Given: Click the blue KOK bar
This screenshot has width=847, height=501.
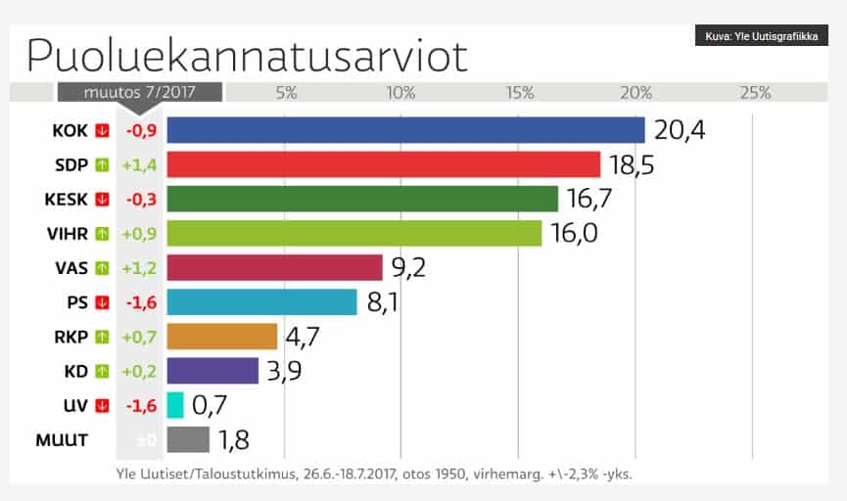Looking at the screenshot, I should (x=405, y=130).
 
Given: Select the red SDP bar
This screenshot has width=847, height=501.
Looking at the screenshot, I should (x=383, y=164).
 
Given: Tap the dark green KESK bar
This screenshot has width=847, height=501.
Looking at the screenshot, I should (x=362, y=199).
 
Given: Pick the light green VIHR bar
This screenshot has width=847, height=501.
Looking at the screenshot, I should (x=353, y=233).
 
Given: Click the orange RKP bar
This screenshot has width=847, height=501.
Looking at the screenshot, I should (x=222, y=337).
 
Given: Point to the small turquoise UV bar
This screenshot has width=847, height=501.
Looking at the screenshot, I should (x=175, y=405).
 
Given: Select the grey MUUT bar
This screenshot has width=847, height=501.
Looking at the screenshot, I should (x=188, y=439).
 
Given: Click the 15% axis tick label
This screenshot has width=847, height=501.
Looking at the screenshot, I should (x=519, y=93).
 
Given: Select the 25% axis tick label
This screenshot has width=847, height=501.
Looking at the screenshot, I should (x=755, y=93).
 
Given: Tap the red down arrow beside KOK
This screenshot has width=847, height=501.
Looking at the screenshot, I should (x=102, y=130).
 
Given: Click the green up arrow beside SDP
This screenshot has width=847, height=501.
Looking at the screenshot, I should (x=102, y=164).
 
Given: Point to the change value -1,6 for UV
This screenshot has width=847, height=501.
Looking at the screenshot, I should (x=140, y=405).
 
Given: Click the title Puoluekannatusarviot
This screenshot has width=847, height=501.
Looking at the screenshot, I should (x=247, y=55).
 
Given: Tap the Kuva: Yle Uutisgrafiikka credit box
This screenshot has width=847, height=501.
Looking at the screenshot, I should (x=761, y=37).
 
